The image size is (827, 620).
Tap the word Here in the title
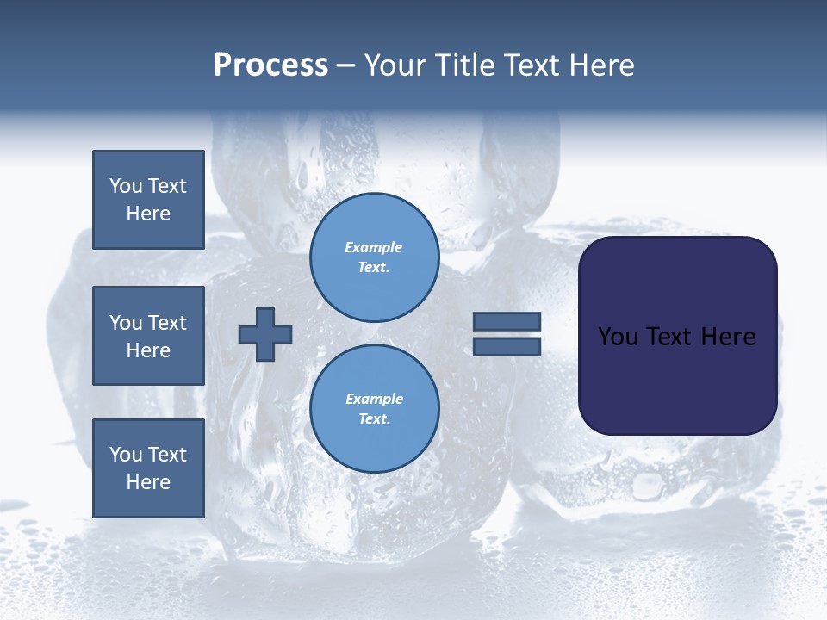tap(600, 66)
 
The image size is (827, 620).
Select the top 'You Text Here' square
tap(148, 200)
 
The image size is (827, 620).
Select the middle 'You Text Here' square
tap(148, 336)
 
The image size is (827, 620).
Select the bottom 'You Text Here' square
tap(148, 468)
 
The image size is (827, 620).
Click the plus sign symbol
tap(265, 334)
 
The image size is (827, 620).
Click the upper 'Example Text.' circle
tap(374, 257)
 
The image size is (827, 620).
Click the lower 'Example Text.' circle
tap(374, 409)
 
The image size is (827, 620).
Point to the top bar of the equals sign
tap(507, 321)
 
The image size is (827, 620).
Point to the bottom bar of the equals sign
tap(507, 346)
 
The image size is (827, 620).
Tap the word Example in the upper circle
tap(374, 247)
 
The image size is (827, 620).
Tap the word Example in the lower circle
tap(374, 399)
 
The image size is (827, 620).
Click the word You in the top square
tap(126, 186)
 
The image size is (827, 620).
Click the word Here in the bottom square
tap(148, 482)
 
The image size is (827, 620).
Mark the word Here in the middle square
tap(148, 350)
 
